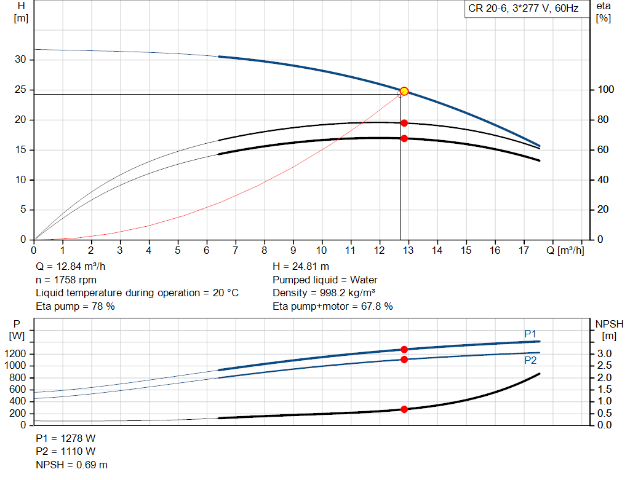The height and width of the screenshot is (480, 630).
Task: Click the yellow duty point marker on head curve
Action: [x=404, y=91]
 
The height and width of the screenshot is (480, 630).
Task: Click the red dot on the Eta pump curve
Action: [x=404, y=123]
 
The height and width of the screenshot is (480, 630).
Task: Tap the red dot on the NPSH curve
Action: [x=404, y=409]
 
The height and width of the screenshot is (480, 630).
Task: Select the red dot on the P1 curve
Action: [x=404, y=349]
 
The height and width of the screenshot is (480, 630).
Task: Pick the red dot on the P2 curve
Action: [x=404, y=359]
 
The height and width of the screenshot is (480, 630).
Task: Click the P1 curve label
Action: [x=530, y=334]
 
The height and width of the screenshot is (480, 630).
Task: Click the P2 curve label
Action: [x=530, y=360]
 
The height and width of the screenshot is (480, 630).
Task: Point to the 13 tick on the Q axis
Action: [x=409, y=250]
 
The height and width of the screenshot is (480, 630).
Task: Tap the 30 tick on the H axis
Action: [x=20, y=60]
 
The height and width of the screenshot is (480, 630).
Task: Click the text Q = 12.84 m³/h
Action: [x=74, y=266]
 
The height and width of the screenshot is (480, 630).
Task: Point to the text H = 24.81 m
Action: [x=300, y=266]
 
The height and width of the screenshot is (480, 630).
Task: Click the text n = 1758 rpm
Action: [x=66, y=280]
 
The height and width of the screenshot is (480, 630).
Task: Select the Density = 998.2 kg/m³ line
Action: [x=324, y=293]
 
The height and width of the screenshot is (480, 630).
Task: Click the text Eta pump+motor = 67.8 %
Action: [x=332, y=306]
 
